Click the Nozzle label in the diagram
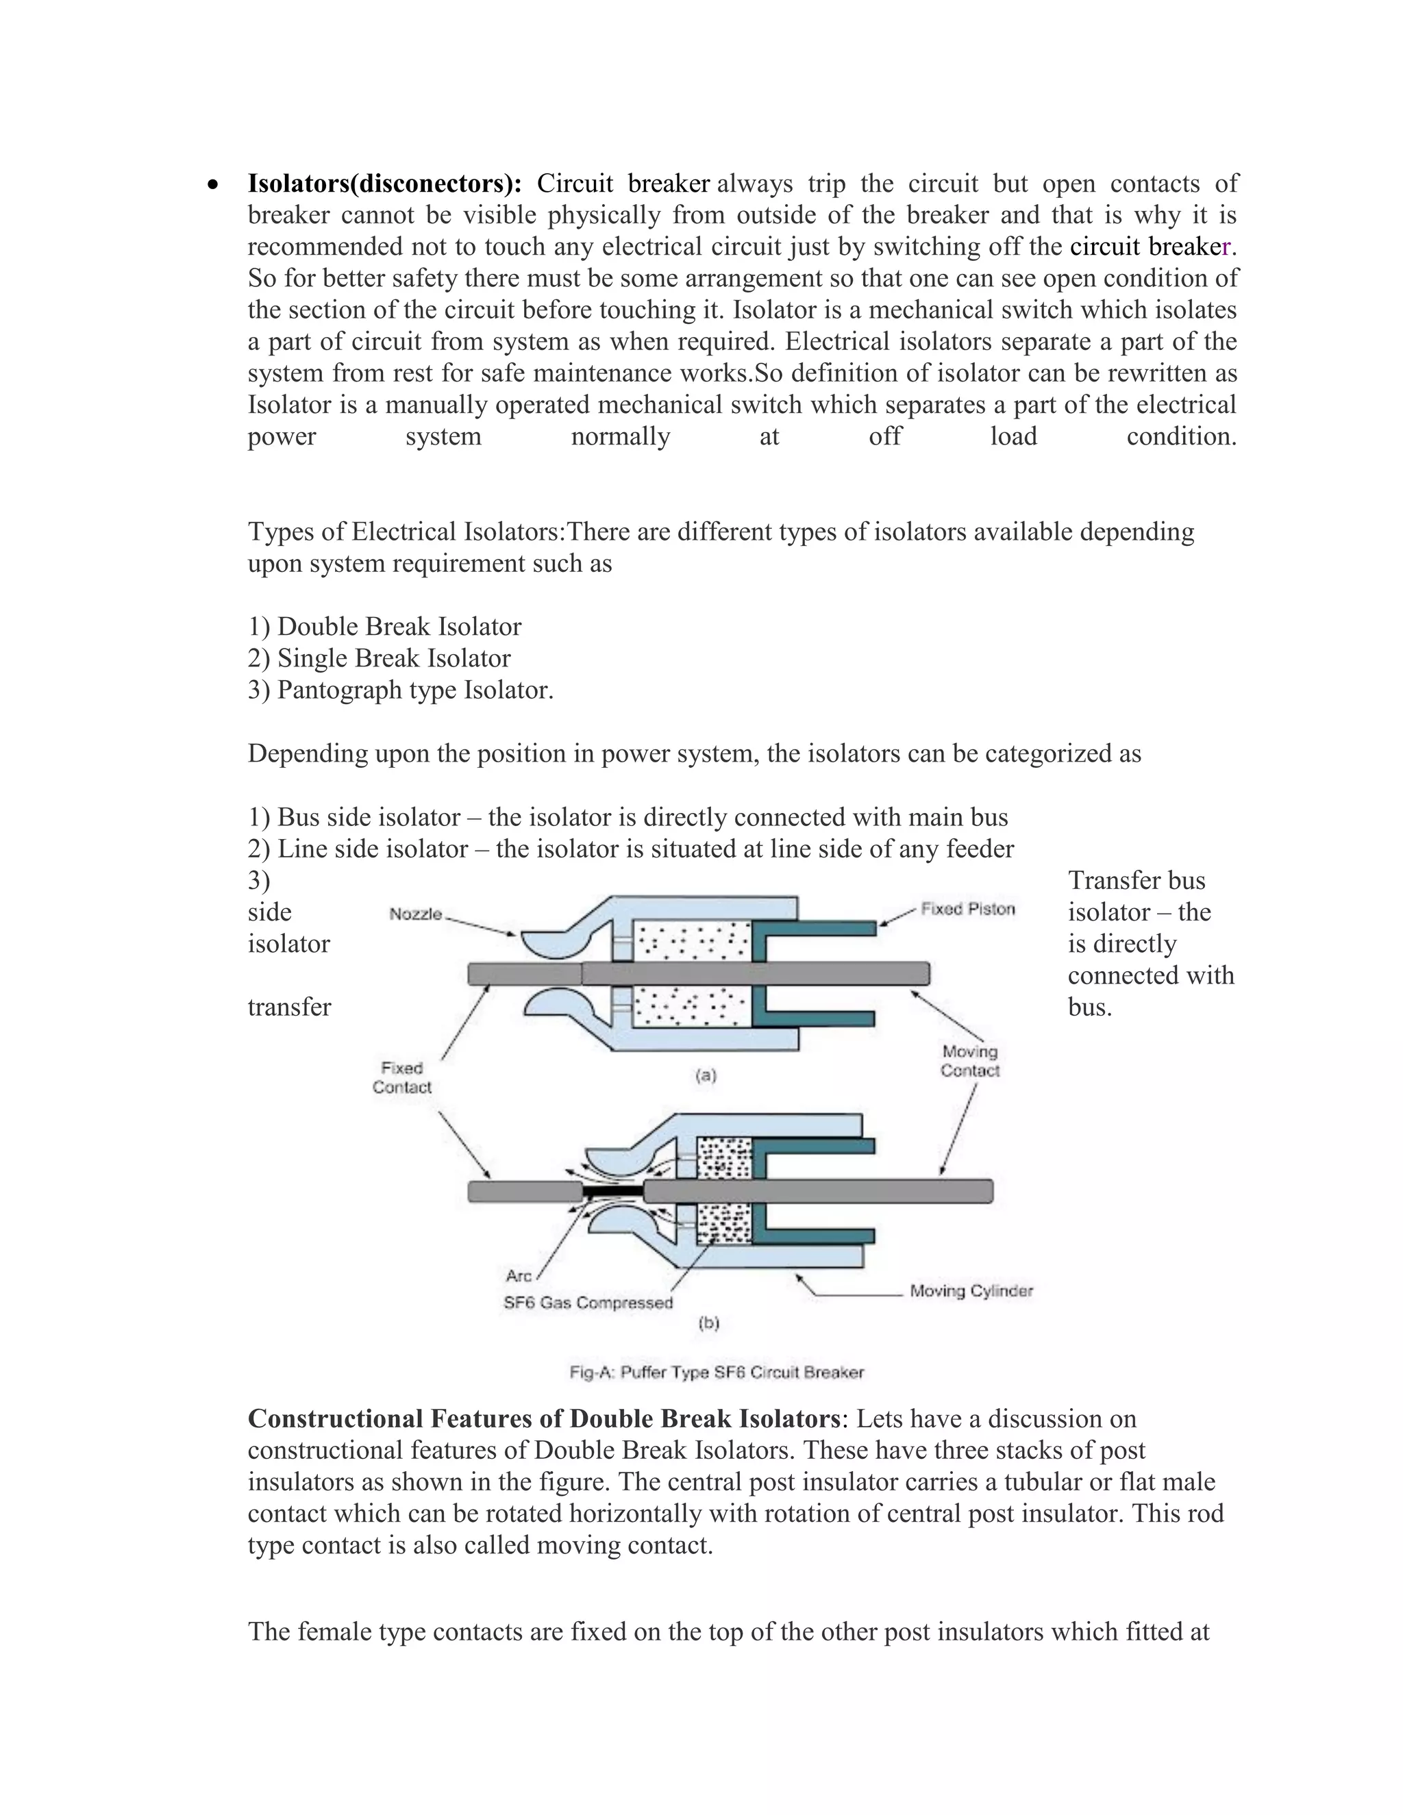pos(416,914)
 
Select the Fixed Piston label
pos(967,909)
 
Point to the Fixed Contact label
pos(401,1078)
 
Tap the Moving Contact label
pos(969,1061)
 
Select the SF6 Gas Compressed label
pos(588,1302)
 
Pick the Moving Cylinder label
pos(971,1290)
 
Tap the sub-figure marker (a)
pos(705,1075)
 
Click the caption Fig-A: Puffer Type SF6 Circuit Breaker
pos(717,1372)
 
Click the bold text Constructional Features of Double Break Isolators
pos(543,1418)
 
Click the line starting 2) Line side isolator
pos(630,849)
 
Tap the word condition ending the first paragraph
pos(1181,436)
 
